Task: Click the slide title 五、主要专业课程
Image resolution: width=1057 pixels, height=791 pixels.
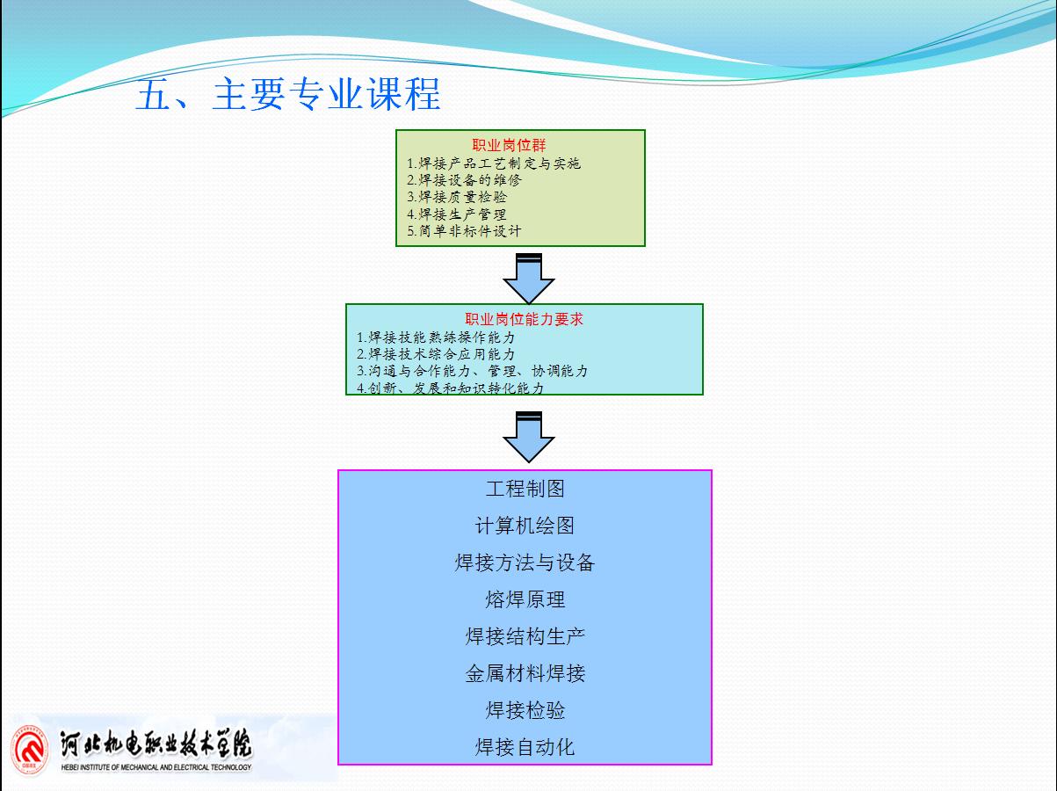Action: tap(288, 94)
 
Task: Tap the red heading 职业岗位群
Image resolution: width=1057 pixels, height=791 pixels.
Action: tap(509, 145)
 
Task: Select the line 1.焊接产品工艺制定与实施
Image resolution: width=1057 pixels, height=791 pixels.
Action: tap(494, 163)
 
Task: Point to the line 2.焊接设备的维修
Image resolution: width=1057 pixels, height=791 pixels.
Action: tap(464, 180)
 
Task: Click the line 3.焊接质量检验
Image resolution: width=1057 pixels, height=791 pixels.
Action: tap(457, 197)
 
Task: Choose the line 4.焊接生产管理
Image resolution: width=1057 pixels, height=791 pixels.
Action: tap(457, 214)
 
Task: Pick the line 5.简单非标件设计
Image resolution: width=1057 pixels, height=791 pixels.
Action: tap(464, 231)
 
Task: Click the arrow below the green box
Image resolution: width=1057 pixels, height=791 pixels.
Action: tap(529, 279)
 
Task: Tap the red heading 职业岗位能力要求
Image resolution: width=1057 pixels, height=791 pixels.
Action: tap(524, 319)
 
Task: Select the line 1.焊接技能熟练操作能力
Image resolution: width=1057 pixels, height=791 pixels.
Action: tap(436, 337)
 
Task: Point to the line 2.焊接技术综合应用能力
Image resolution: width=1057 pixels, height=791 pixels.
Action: tap(436, 354)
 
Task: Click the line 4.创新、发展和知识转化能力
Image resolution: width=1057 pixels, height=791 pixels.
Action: tap(450, 388)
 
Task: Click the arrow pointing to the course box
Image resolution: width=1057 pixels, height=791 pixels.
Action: tap(529, 437)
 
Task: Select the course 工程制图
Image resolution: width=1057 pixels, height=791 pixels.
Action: tap(525, 489)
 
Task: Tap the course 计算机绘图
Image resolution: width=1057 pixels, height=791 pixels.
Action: tap(525, 526)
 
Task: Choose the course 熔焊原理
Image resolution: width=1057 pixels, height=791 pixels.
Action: tap(525, 599)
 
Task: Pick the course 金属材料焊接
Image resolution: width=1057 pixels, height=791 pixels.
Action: tap(525, 673)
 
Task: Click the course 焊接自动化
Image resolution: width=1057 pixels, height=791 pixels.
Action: tap(525, 747)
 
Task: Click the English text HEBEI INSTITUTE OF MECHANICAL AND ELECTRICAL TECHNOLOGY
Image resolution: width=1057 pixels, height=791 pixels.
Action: tap(156, 767)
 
